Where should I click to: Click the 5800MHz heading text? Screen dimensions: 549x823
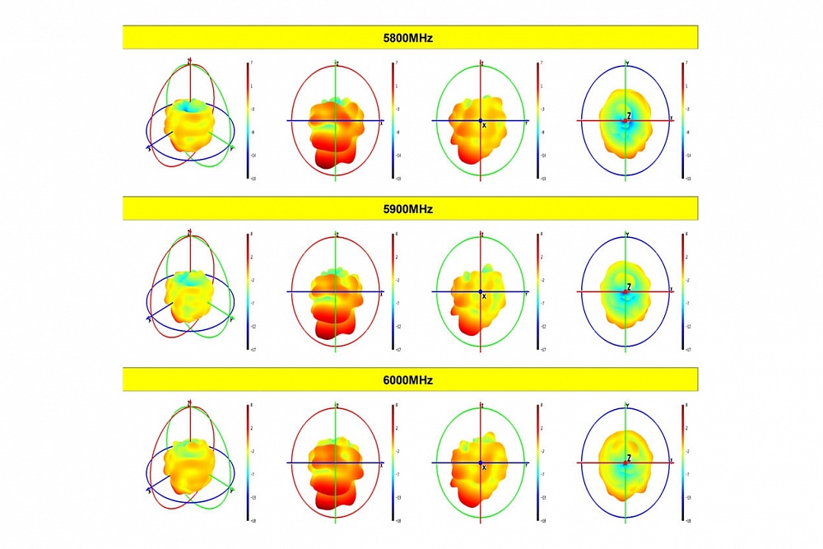click(x=410, y=37)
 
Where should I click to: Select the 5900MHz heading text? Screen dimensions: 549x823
click(x=410, y=209)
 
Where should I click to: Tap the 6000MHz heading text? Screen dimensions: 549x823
click(x=410, y=380)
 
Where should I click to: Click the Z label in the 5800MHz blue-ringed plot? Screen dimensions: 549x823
click(x=629, y=116)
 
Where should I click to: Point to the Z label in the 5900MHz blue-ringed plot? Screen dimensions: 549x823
click(x=629, y=287)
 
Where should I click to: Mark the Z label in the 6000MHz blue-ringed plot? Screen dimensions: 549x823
click(x=629, y=458)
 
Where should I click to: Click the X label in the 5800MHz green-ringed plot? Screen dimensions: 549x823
click(x=484, y=125)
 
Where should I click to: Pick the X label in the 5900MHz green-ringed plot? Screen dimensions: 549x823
click(x=484, y=296)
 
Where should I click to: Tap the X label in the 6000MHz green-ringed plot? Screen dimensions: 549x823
click(x=484, y=468)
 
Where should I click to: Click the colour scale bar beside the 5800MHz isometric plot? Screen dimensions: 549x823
click(x=248, y=120)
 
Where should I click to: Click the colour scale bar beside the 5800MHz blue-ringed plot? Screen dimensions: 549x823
click(x=682, y=120)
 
